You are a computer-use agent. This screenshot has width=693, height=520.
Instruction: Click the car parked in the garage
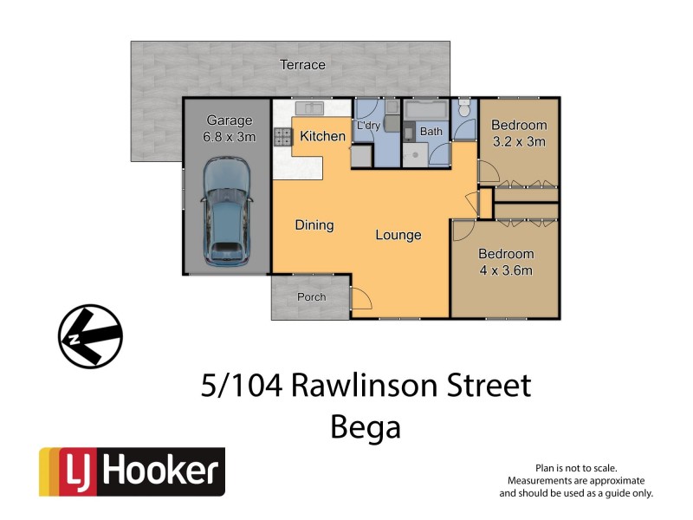(x=226, y=213)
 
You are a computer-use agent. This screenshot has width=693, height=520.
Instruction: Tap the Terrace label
(x=302, y=65)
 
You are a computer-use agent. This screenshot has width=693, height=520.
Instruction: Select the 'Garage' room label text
(x=229, y=120)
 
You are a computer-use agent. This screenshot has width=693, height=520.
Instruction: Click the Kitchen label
(x=322, y=136)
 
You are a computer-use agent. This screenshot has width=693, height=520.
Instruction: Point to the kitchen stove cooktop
(x=283, y=136)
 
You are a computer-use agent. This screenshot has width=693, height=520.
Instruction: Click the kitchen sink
(x=308, y=108)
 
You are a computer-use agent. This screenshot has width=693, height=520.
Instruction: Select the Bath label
(x=431, y=132)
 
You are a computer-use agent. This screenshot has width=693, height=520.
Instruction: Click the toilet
(x=465, y=108)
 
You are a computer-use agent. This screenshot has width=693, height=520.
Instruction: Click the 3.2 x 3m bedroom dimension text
(x=519, y=142)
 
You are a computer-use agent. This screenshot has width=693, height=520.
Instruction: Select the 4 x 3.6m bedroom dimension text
(x=507, y=270)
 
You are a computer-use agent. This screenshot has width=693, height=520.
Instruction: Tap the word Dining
(x=314, y=225)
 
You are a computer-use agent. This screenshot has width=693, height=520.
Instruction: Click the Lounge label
(x=398, y=235)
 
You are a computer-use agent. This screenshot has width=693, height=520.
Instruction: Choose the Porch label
(x=311, y=297)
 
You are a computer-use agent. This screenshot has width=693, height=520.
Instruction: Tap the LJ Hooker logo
(x=132, y=472)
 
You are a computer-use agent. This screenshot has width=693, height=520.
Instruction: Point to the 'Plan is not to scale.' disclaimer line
(x=576, y=468)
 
